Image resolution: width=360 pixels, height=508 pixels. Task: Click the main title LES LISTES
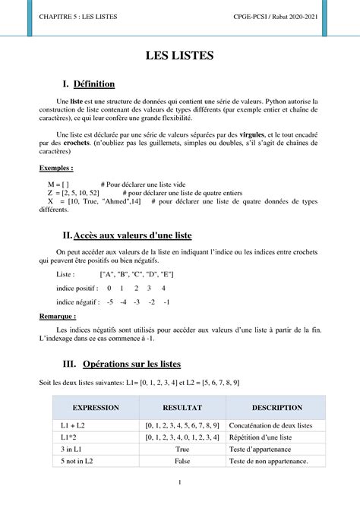point(180,55)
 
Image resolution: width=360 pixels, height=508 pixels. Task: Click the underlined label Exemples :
point(56,169)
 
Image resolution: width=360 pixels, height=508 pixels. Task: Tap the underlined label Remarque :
point(58,316)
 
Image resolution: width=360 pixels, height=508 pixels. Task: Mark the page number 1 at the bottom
point(180,482)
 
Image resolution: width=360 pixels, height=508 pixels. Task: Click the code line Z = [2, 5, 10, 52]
point(73,194)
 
